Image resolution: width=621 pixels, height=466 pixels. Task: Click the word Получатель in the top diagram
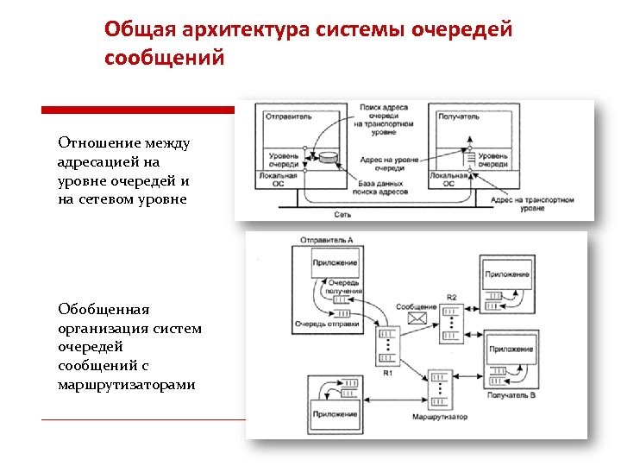click(x=458, y=116)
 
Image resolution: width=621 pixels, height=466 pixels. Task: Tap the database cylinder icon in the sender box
click(x=329, y=158)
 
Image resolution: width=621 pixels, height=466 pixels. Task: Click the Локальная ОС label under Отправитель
click(x=279, y=179)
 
